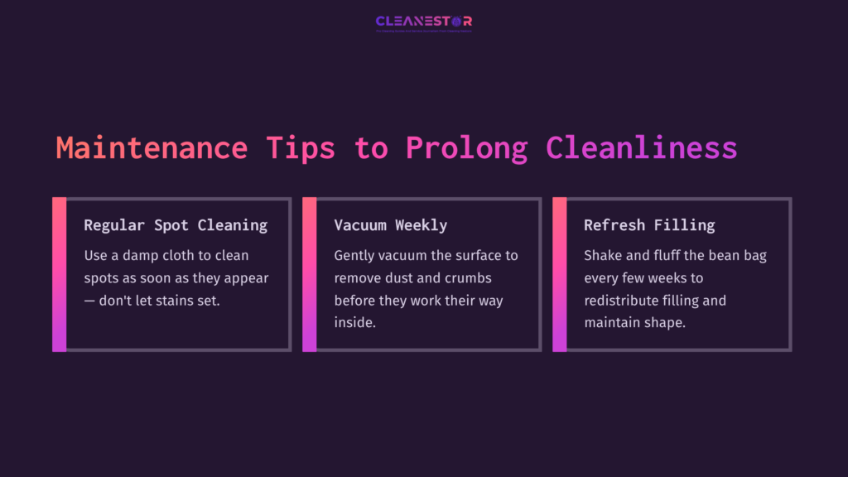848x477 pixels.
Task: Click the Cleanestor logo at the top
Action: tap(424, 22)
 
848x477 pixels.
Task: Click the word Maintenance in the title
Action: tap(152, 147)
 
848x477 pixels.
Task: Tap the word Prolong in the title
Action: tap(466, 147)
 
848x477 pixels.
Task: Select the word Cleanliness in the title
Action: tap(641, 147)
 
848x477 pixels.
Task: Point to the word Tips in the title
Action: tap(301, 147)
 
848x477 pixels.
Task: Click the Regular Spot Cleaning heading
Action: tap(176, 225)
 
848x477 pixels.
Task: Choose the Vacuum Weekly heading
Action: tap(390, 225)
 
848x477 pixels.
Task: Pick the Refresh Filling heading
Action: tap(649, 225)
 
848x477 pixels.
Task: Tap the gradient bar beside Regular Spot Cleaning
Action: tap(59, 274)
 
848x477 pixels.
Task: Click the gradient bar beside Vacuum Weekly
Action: tap(309, 274)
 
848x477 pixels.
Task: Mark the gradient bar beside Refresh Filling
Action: tap(559, 274)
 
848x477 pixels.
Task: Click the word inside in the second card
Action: tap(354, 323)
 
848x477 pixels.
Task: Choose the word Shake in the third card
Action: tap(603, 256)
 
